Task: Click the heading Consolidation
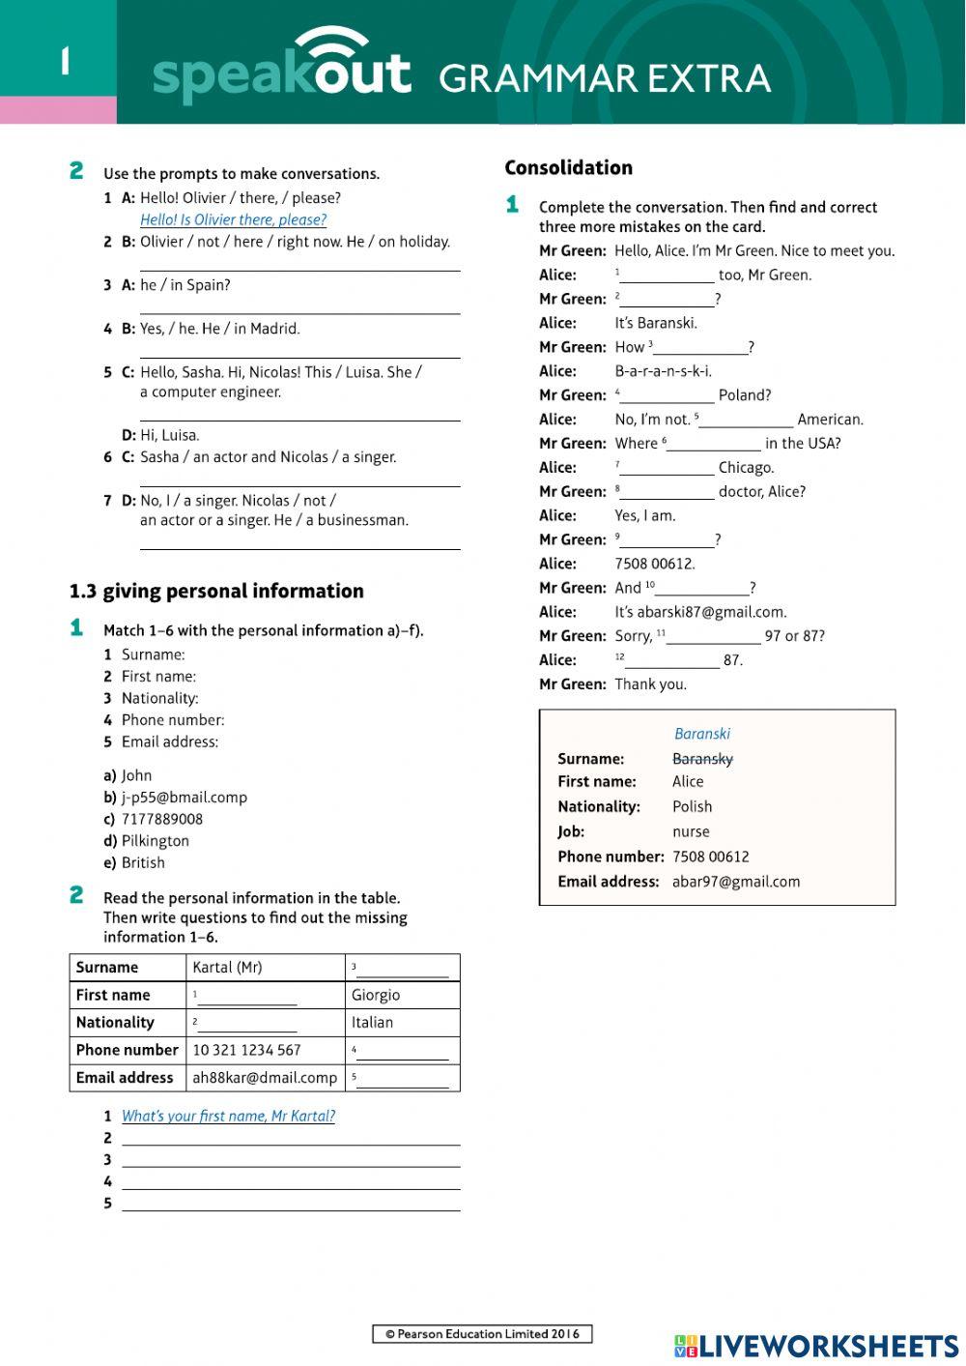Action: pyautogui.click(x=568, y=167)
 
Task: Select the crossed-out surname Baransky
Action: pyautogui.click(x=702, y=759)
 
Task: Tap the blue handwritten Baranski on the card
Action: pyautogui.click(x=702, y=734)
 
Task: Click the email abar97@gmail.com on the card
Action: pyautogui.click(x=736, y=882)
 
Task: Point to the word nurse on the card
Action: pyautogui.click(x=691, y=831)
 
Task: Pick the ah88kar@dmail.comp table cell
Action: pyautogui.click(x=265, y=1077)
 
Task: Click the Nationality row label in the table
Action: pyautogui.click(x=115, y=1022)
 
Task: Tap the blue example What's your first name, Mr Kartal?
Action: pyautogui.click(x=228, y=1116)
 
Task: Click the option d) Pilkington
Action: pyautogui.click(x=147, y=841)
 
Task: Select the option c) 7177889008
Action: pyautogui.click(x=154, y=819)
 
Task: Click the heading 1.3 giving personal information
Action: pyautogui.click(x=216, y=591)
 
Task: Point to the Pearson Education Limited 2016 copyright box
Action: pyautogui.click(x=482, y=1334)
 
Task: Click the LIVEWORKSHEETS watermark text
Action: pyautogui.click(x=828, y=1346)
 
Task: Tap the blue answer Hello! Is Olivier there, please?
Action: pyautogui.click(x=233, y=219)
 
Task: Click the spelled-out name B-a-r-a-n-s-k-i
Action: pyautogui.click(x=663, y=371)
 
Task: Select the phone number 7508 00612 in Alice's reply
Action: pyautogui.click(x=655, y=564)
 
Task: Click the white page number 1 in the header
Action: pyautogui.click(x=65, y=62)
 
